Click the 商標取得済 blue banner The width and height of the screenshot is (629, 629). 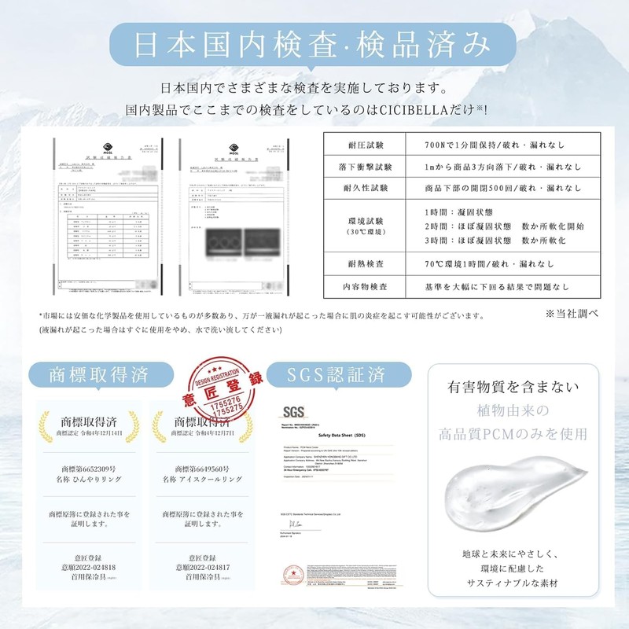(99, 372)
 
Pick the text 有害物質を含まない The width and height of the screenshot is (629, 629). (513, 388)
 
